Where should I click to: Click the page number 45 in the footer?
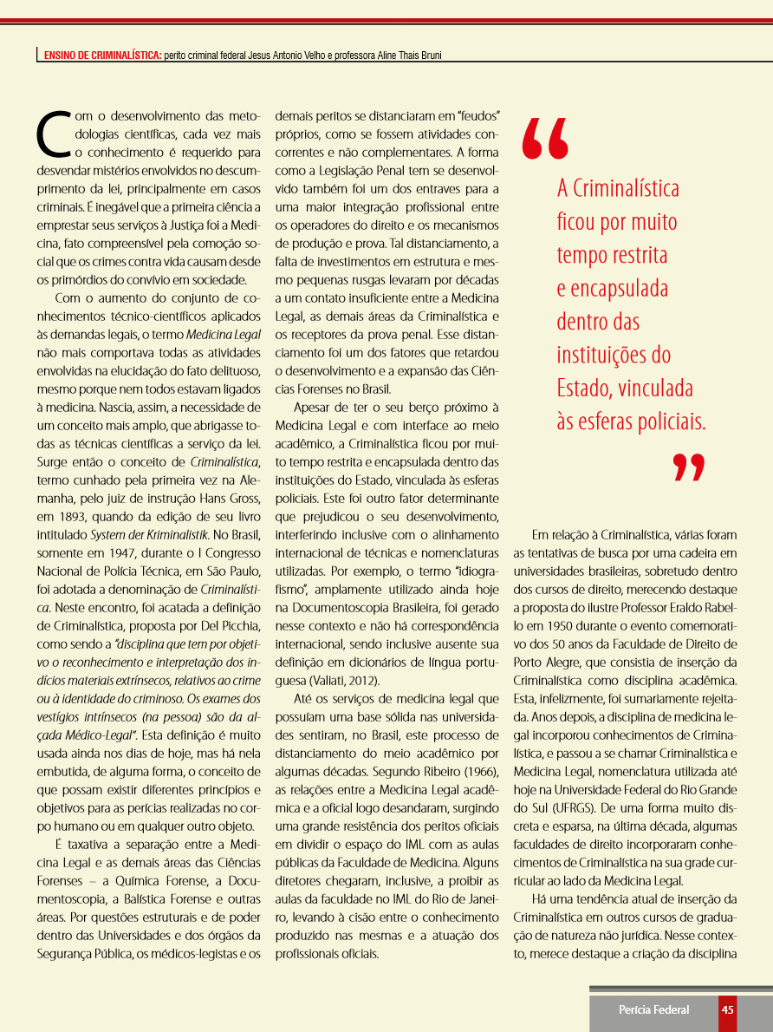pyautogui.click(x=728, y=1009)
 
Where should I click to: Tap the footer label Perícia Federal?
pyautogui.click(x=653, y=1009)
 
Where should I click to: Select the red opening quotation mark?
pyautogui.click(x=546, y=139)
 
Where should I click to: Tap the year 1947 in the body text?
pyautogui.click(x=120, y=552)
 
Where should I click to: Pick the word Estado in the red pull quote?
pyautogui.click(x=586, y=389)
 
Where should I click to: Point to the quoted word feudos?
pyautogui.click(x=477, y=114)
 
